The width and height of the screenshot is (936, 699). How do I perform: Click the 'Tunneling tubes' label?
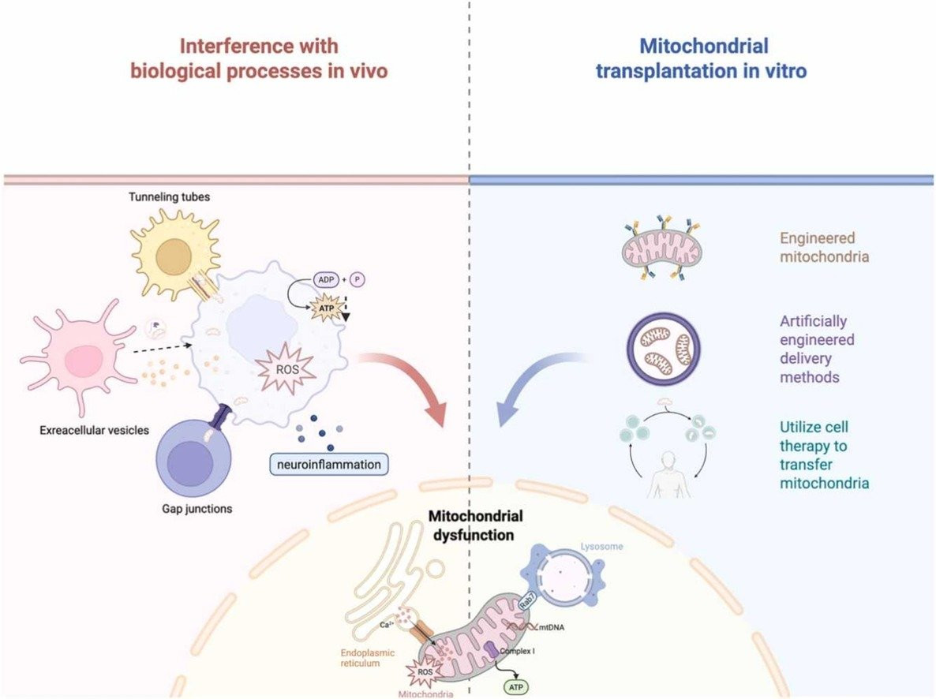(x=170, y=197)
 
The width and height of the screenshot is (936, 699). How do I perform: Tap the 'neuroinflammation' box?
(x=329, y=465)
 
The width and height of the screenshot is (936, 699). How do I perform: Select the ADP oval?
(x=326, y=279)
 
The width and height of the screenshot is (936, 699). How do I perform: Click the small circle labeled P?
(x=358, y=279)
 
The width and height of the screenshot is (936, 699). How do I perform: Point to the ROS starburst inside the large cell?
(x=287, y=369)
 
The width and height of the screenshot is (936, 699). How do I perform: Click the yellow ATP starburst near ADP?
(x=327, y=308)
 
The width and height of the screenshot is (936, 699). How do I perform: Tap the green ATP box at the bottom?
(x=516, y=688)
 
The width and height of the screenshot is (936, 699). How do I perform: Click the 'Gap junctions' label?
(x=197, y=509)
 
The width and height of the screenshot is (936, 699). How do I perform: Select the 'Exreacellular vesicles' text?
(x=95, y=431)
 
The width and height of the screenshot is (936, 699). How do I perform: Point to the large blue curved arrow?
(x=526, y=376)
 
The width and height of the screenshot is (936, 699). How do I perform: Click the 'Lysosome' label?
(x=601, y=546)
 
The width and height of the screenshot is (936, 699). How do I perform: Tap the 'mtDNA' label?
(x=551, y=627)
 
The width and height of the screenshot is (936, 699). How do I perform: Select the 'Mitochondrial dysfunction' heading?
(x=475, y=525)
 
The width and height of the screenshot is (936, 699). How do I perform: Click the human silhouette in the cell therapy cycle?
(x=669, y=475)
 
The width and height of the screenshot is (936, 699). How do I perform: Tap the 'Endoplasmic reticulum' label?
(x=368, y=658)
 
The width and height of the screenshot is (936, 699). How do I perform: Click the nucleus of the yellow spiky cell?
(x=174, y=256)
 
